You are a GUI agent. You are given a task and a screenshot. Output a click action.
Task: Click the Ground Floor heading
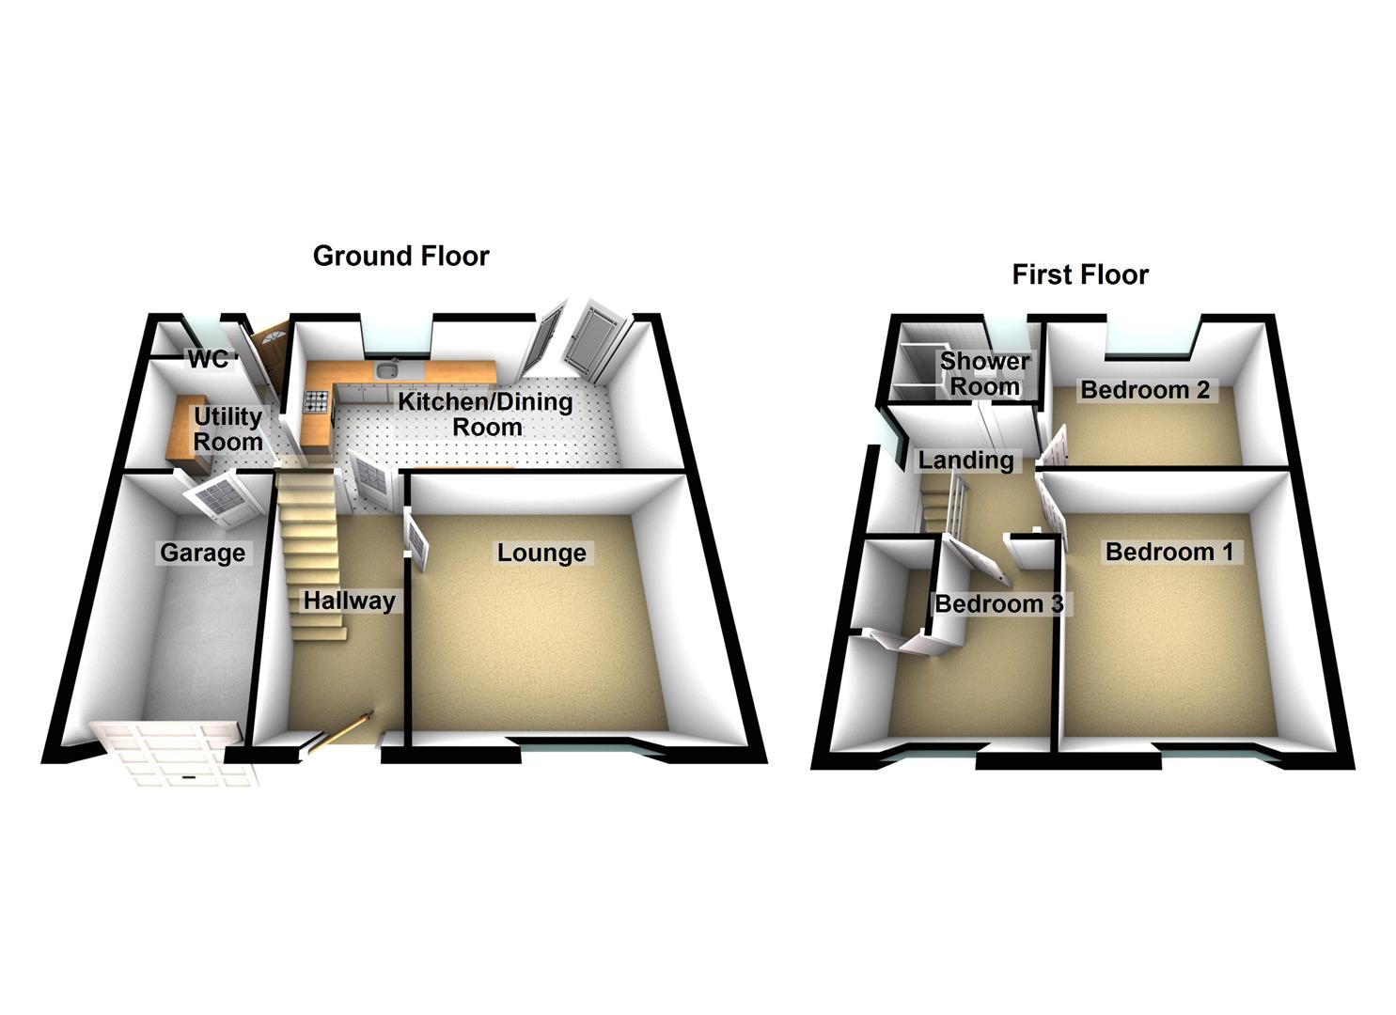(x=400, y=256)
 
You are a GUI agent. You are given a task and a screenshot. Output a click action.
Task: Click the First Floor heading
(x=1080, y=274)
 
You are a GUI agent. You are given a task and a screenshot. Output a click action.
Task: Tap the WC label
(x=208, y=359)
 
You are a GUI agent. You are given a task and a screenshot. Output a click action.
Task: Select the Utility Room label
(x=227, y=429)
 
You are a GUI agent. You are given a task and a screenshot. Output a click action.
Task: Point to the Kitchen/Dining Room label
(x=485, y=414)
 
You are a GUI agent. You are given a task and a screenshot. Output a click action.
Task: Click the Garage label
(x=202, y=553)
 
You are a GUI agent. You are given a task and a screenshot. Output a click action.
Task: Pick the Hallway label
(x=349, y=601)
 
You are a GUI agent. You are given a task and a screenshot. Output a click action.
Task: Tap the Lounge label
(x=541, y=554)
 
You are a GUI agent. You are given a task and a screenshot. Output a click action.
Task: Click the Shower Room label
(x=985, y=373)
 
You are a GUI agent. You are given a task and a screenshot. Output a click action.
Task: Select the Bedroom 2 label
(x=1145, y=390)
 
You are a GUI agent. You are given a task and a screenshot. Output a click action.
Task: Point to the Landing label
(x=965, y=461)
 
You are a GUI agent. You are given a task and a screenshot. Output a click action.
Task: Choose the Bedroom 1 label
(x=1169, y=552)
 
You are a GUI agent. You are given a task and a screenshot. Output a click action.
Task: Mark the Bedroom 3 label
(x=998, y=603)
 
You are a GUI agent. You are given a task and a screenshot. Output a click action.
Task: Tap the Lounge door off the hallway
(x=417, y=542)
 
